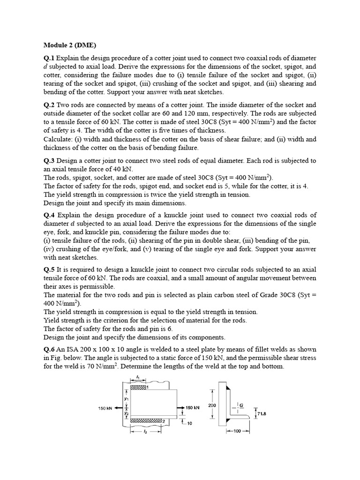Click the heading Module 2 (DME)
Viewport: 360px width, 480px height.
pyautogui.click(x=69, y=45)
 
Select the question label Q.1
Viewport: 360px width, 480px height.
pyautogui.click(x=49, y=58)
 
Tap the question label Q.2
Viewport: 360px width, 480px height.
pyautogui.click(x=49, y=105)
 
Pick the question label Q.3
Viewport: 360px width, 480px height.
pyautogui.click(x=49, y=161)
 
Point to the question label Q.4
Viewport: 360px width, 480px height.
pyautogui.click(x=49, y=215)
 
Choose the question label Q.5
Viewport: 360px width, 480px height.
pyautogui.click(x=49, y=270)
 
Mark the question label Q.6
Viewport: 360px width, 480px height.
pyautogui.click(x=49, y=349)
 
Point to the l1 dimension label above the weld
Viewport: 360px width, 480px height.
pyautogui.click(x=137, y=378)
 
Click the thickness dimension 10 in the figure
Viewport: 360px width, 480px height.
pyautogui.click(x=189, y=424)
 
